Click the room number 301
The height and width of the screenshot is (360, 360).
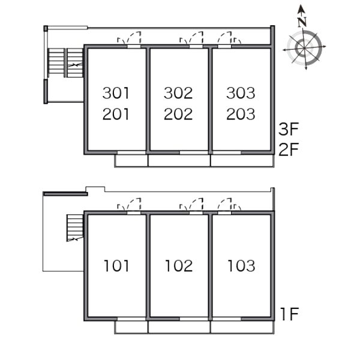pos(116,93)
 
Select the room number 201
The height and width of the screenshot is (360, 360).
pos(116,114)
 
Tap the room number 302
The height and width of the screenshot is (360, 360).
pos(178,93)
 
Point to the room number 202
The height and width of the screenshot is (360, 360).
pos(178,114)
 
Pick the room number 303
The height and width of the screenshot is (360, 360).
pos(241,93)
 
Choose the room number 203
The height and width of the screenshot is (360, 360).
pos(241,114)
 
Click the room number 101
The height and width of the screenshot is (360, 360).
pos(116,266)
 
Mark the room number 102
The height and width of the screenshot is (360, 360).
pos(179,266)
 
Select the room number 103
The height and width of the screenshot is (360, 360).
pos(241,266)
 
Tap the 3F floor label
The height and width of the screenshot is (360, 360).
pos(289,129)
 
